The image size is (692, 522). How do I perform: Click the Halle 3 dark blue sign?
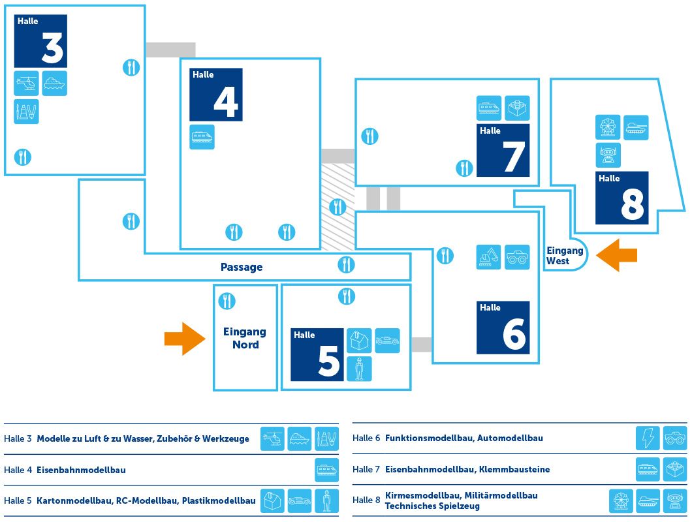(40, 40)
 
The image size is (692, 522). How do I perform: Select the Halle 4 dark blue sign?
(216, 95)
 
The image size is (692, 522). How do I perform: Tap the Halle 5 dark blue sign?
(317, 354)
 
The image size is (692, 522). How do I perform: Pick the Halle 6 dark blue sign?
(503, 328)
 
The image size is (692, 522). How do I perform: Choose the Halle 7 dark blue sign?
(503, 150)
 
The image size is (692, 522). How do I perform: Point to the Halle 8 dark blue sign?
(622, 198)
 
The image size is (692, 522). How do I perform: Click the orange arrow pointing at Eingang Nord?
(185, 339)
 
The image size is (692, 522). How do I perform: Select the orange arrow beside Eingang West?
(618, 254)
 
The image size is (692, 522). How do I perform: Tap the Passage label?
(242, 267)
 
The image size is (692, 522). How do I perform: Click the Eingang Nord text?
(245, 338)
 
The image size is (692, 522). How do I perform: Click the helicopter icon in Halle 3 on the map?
(27, 84)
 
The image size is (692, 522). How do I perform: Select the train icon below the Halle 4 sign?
(202, 137)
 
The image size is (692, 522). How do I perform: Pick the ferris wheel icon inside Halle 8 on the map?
(608, 127)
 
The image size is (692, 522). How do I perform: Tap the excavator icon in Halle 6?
(488, 257)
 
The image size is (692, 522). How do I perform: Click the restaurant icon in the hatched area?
(338, 207)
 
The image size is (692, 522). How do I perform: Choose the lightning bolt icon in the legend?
(648, 438)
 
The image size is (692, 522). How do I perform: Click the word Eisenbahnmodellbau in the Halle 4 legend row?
(82, 470)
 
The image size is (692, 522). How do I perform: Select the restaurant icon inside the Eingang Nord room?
(227, 301)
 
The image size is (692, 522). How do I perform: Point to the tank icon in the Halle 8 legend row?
(648, 500)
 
